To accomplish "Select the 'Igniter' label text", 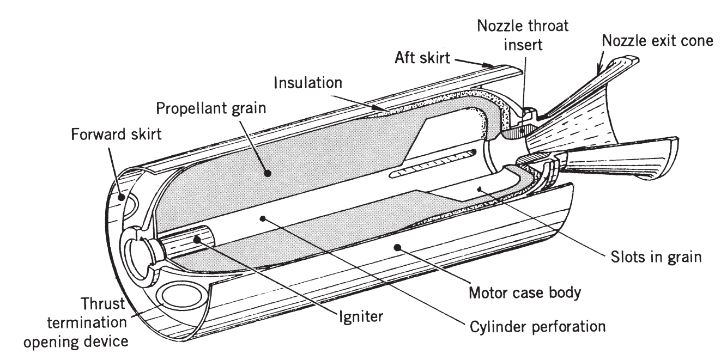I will coord(354,314).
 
